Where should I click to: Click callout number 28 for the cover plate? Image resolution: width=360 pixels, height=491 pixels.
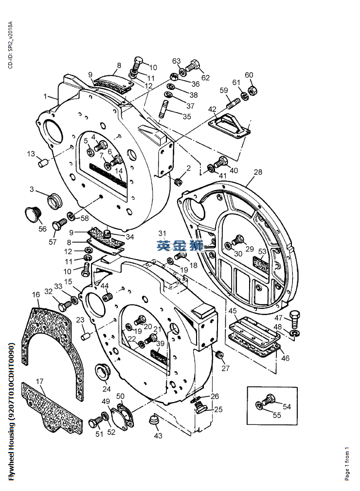point(258,172)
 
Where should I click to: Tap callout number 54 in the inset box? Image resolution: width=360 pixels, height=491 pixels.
point(287,406)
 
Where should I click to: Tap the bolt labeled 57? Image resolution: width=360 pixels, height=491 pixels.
point(59,224)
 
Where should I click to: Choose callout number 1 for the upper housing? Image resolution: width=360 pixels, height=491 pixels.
point(45,96)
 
